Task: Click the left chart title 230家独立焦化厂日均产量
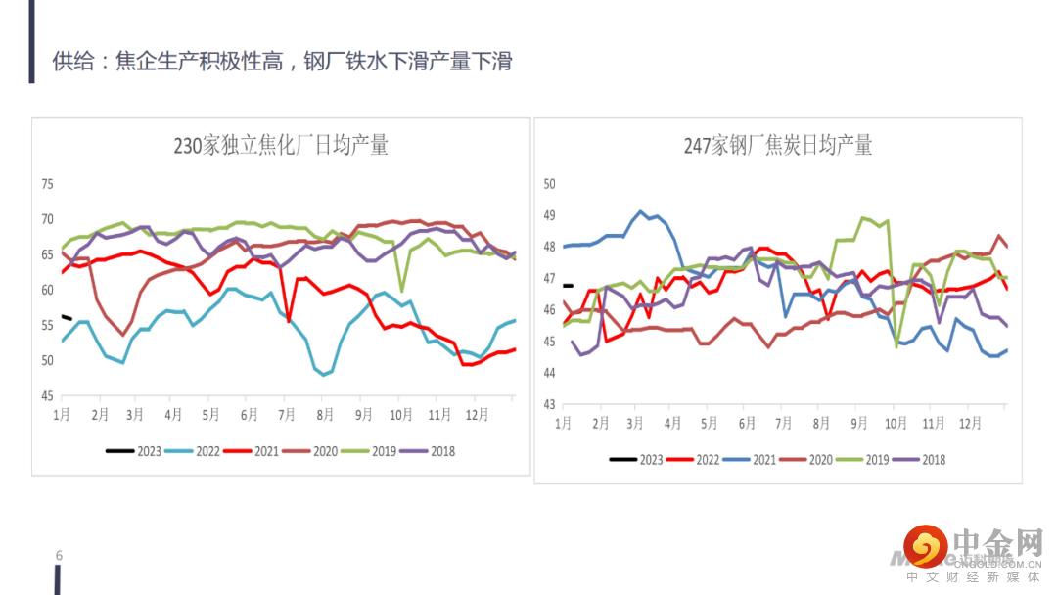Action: point(281,146)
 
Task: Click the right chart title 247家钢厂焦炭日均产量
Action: point(778,146)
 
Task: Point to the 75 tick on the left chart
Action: point(46,184)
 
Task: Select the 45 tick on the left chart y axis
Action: point(46,396)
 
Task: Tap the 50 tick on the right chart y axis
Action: point(549,184)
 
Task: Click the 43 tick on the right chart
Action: point(549,404)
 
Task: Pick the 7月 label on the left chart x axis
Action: point(288,415)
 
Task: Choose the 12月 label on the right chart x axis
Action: point(970,423)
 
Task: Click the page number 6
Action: point(59,556)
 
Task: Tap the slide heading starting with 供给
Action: point(282,62)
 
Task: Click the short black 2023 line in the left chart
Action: point(67,317)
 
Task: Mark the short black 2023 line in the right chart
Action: point(568,286)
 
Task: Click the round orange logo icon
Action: point(925,546)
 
